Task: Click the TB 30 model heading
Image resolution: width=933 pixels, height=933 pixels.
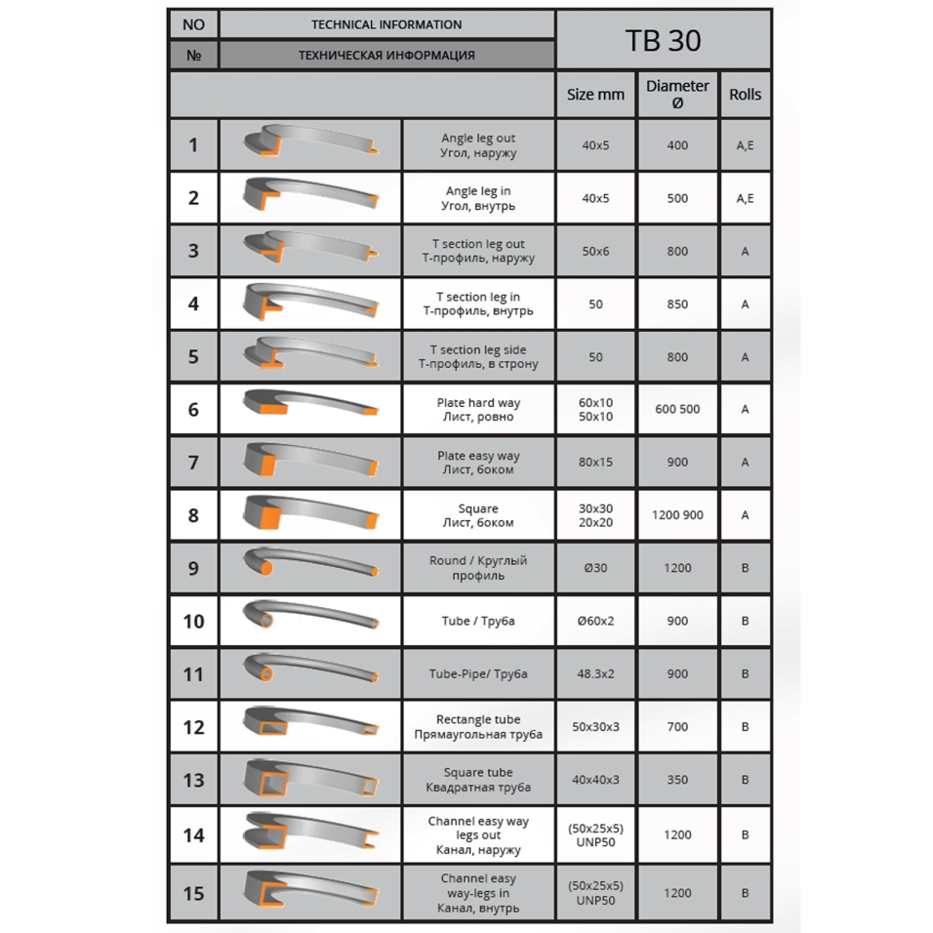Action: (x=663, y=40)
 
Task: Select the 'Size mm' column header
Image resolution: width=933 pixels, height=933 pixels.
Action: (x=595, y=95)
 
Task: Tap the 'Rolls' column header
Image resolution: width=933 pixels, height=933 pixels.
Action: (x=745, y=95)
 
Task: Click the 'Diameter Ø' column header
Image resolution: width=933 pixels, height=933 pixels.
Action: (x=677, y=95)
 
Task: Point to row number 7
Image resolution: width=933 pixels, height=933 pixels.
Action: (x=193, y=463)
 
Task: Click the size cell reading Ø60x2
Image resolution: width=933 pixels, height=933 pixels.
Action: (x=595, y=621)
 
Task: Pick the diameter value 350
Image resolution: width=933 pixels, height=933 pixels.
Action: (x=677, y=780)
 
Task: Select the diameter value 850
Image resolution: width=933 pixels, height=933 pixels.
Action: (x=677, y=304)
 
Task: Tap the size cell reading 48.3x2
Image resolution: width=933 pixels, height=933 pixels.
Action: (x=595, y=673)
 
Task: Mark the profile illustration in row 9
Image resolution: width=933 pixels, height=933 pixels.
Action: (x=310, y=567)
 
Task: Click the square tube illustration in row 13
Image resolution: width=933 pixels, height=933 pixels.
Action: (x=310, y=780)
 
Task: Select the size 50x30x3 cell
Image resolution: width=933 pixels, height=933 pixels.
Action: (x=595, y=727)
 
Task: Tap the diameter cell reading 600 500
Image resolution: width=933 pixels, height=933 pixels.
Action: (x=677, y=410)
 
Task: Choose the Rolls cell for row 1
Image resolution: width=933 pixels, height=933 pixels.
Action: (x=745, y=145)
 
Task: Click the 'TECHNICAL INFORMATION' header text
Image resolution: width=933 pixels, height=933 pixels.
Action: (x=386, y=24)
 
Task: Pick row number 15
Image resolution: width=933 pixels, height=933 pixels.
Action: (x=193, y=893)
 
